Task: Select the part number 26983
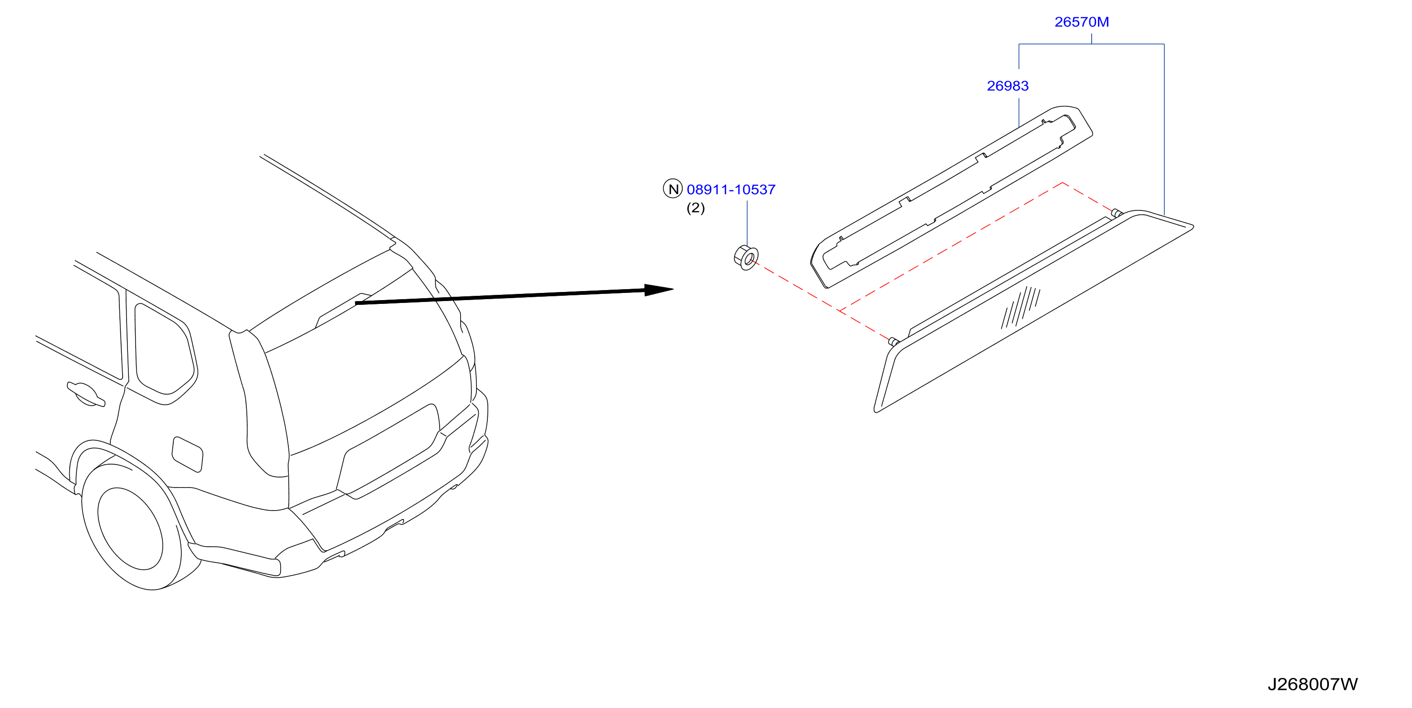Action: click(1008, 86)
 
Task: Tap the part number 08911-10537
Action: click(731, 189)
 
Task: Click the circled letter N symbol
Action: click(673, 188)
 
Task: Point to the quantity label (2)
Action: click(695, 208)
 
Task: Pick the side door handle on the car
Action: click(85, 394)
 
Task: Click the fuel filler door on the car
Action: click(188, 454)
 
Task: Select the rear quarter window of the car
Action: click(163, 349)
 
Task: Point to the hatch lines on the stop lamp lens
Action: click(1021, 307)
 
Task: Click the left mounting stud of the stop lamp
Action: click(894, 342)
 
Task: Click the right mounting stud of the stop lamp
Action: click(1117, 213)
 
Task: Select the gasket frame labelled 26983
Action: click(951, 197)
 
